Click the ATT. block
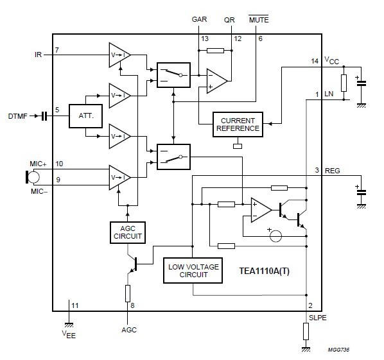tap(85, 116)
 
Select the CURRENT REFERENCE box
tap(238, 124)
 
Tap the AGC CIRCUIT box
tap(128, 232)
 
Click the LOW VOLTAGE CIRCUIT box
tap(193, 270)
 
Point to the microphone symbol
tap(32, 177)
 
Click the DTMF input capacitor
tap(44, 116)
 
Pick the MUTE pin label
tap(259, 19)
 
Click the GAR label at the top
tap(199, 19)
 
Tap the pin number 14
tap(315, 61)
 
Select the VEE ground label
tap(69, 334)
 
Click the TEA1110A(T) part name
tap(265, 271)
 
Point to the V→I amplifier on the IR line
tap(119, 55)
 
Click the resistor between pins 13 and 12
tap(215, 51)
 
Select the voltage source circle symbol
tap(275, 236)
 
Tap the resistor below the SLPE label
tap(306, 331)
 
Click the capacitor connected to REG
tap(362, 193)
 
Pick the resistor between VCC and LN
tap(344, 83)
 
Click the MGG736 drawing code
tap(338, 350)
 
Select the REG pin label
tap(333, 171)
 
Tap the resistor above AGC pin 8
tap(128, 293)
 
